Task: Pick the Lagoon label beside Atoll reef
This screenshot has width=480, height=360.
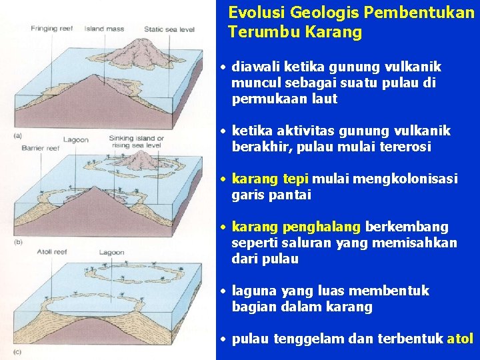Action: tap(112, 252)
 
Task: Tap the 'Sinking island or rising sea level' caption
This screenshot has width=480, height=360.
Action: tap(136, 142)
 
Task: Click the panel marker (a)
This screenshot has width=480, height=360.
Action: tap(17, 136)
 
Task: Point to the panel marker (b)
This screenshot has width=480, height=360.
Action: tap(17, 241)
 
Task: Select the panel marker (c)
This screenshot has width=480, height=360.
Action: tap(17, 351)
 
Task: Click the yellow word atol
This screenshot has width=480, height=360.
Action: tap(460, 339)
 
